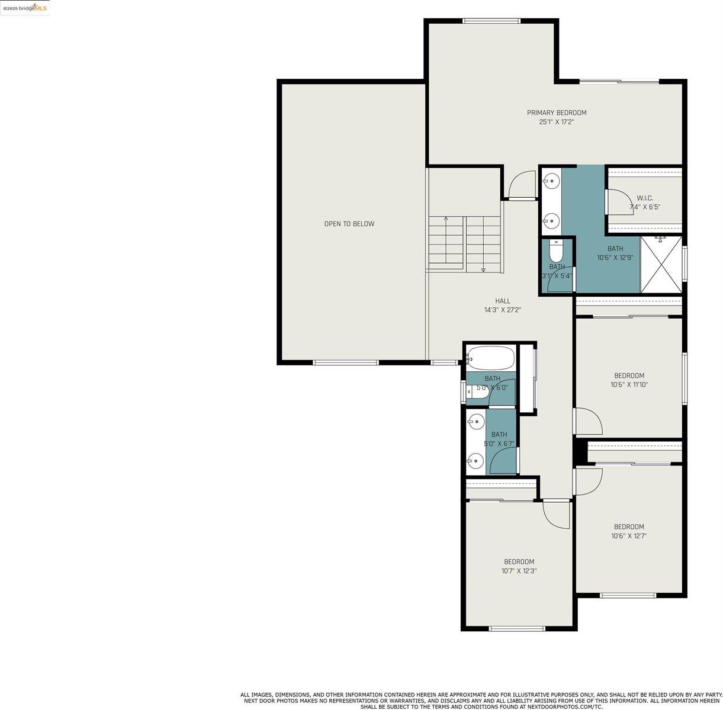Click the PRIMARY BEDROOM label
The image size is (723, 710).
[557, 113]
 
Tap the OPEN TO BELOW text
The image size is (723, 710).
[349, 224]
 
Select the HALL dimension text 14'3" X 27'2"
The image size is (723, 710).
[502, 310]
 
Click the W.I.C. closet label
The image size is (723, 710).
[645, 198]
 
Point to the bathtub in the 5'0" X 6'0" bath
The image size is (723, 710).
[491, 358]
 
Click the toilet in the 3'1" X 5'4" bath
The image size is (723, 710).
[556, 251]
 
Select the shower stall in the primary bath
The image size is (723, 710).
[661, 264]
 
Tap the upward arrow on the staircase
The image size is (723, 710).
[446, 220]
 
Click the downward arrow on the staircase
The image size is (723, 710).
[483, 269]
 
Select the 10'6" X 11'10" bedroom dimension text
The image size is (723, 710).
[629, 384]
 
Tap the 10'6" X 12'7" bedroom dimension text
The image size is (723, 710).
[629, 536]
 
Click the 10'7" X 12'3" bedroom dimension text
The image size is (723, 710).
[519, 571]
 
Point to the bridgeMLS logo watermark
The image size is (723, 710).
[25, 7]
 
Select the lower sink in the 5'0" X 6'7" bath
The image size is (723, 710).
[475, 460]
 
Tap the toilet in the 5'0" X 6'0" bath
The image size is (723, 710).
[478, 391]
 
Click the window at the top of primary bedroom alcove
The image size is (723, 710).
[491, 21]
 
